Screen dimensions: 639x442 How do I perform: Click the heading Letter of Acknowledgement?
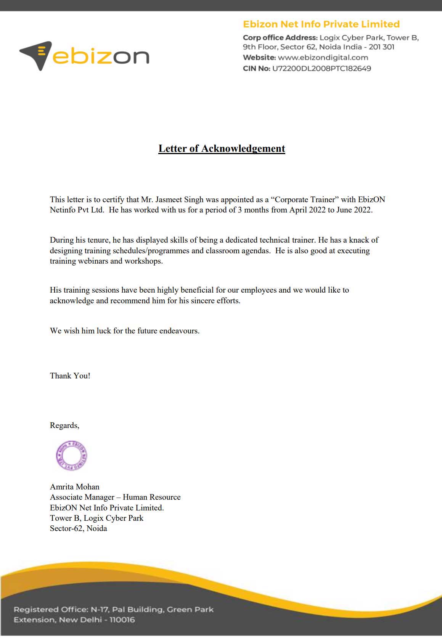222,148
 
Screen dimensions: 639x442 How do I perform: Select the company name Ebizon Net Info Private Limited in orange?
321,24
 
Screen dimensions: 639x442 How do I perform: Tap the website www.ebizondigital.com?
323,58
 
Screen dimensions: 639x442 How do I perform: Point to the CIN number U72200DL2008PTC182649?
321,69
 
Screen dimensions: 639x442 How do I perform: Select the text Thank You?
70,376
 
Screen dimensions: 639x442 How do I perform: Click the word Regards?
64,425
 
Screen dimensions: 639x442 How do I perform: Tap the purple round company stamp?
71,456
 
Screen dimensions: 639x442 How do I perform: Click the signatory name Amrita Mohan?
75,487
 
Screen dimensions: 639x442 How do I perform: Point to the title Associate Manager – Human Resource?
115,497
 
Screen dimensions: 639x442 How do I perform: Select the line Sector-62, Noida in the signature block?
79,528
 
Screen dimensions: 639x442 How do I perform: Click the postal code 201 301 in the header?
381,47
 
